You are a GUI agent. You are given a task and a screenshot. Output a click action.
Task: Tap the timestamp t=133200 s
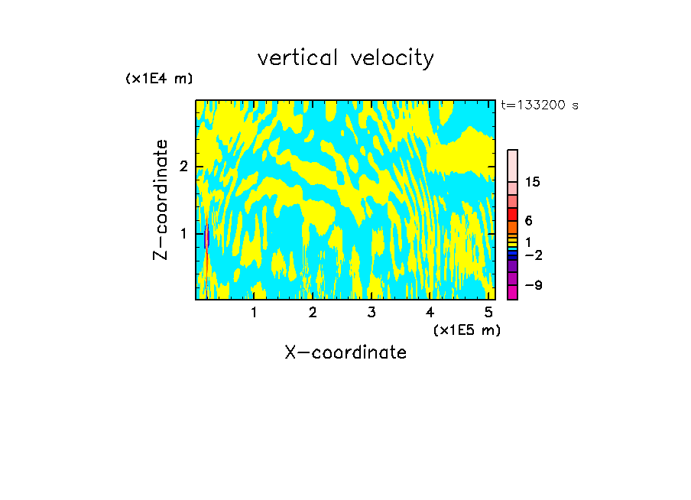540,105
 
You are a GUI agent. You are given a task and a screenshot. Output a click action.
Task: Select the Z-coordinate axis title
161,200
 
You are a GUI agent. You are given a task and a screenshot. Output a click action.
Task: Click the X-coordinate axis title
345,352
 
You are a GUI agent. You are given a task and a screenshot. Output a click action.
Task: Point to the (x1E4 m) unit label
159,79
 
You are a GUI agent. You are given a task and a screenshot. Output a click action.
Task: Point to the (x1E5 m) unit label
466,330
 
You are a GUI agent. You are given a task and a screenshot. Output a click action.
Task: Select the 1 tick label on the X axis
254,313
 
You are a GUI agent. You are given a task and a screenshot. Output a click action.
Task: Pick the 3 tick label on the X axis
371,313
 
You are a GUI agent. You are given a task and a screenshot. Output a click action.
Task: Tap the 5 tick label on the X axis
488,313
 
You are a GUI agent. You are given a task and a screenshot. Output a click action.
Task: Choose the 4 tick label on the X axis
430,313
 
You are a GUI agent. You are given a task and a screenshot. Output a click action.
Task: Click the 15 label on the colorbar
533,182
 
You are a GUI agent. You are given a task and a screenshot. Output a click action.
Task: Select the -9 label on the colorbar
533,285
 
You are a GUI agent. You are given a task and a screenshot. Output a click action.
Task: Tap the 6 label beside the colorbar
528,221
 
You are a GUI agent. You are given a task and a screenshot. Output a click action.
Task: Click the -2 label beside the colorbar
533,255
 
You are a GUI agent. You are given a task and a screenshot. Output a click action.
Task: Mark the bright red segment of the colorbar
512,214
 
